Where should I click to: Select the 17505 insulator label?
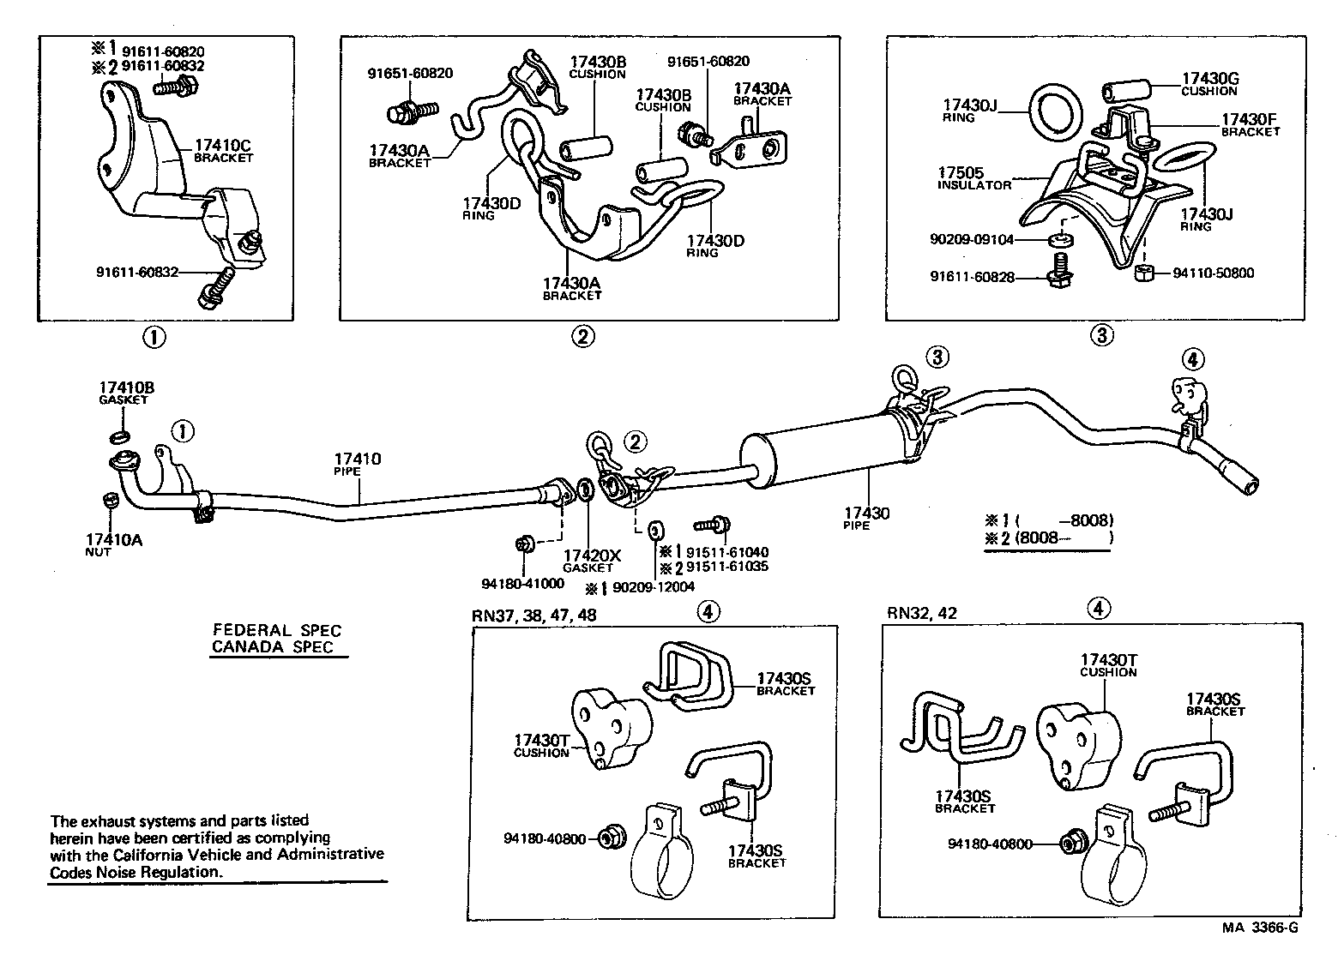point(961,172)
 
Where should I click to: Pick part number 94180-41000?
point(522,584)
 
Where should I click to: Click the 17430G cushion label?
point(1209,80)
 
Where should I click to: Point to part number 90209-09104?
point(974,240)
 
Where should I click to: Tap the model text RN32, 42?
point(922,613)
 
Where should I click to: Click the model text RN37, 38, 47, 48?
point(533,616)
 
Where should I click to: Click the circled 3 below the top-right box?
point(1101,335)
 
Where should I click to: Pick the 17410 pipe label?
point(358,460)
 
